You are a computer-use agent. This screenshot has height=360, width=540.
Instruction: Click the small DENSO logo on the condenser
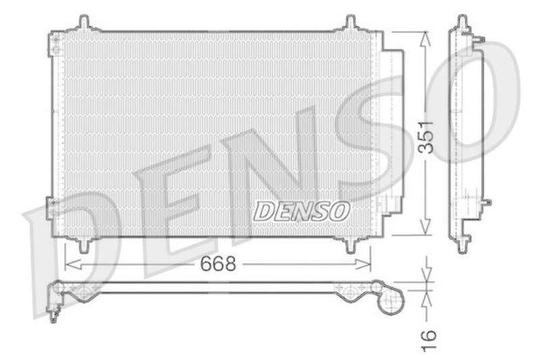coord(302,211)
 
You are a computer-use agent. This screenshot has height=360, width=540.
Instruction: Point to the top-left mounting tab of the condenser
coord(84,22)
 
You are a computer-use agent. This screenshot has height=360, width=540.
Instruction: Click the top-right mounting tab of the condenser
coord(351,22)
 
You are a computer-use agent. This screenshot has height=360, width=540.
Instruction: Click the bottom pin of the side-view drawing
coord(463,245)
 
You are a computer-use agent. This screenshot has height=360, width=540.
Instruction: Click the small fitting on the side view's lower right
coord(487,201)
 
